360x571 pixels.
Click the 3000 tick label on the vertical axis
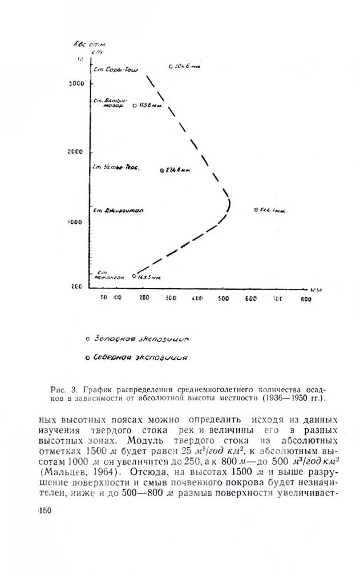(x=76, y=83)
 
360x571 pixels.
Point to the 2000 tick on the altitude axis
(x=76, y=152)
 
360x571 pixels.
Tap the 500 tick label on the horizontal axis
(x=224, y=299)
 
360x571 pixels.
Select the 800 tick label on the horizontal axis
(x=305, y=299)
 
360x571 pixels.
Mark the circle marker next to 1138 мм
(x=135, y=106)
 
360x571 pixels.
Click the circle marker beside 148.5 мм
(x=134, y=276)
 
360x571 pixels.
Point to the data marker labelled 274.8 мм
(x=162, y=170)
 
